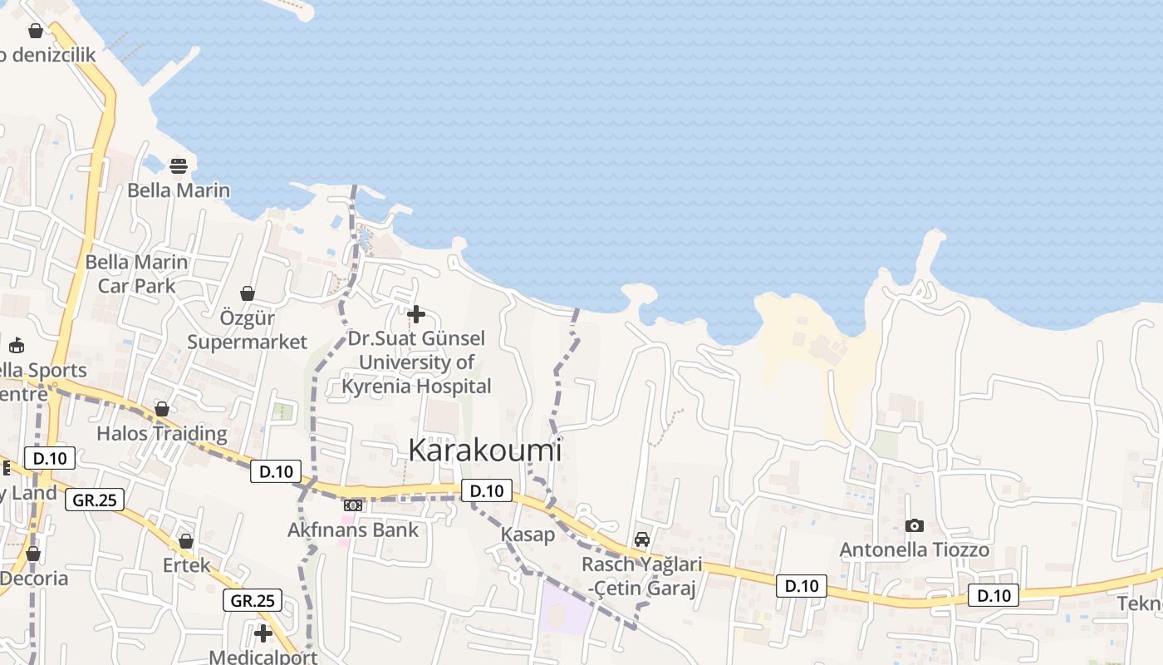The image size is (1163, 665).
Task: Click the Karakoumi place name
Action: coord(484,450)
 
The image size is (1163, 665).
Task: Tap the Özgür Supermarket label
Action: coord(247,330)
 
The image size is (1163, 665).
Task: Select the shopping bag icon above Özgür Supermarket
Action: coord(247,293)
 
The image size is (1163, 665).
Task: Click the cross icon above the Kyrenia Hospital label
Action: coord(416,314)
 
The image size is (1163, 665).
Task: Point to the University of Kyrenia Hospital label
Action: coord(417,362)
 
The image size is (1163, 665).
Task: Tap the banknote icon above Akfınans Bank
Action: coord(353,505)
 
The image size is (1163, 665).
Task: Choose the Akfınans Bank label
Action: coord(353,530)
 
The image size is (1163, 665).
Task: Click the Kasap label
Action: coord(528,534)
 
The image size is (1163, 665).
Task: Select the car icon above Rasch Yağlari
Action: coord(641,539)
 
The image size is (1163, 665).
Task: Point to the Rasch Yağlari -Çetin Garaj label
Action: coord(641,576)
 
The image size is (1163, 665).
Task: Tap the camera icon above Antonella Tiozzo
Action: coord(914,525)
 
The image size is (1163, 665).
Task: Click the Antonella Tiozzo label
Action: coord(914,549)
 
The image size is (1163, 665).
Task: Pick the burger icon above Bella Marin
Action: coord(179,166)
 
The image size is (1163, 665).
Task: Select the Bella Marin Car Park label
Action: coord(137,273)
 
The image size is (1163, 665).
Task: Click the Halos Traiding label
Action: coord(161,433)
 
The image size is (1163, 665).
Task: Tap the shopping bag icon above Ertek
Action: coord(186,542)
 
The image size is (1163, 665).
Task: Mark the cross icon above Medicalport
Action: coord(263,633)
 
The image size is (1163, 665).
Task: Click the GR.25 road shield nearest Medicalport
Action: coord(253,600)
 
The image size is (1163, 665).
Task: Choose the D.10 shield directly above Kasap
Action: coord(487,490)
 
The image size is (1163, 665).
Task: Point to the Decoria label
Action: coord(33,578)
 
